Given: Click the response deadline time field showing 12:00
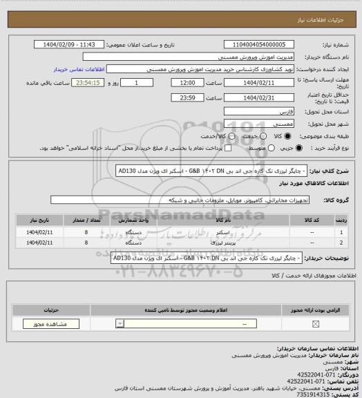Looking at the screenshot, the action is (x=187, y=82).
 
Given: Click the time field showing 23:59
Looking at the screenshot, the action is (x=187, y=97).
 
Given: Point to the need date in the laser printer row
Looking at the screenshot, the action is (x=30, y=244).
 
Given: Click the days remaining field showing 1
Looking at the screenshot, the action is (x=143, y=82).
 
